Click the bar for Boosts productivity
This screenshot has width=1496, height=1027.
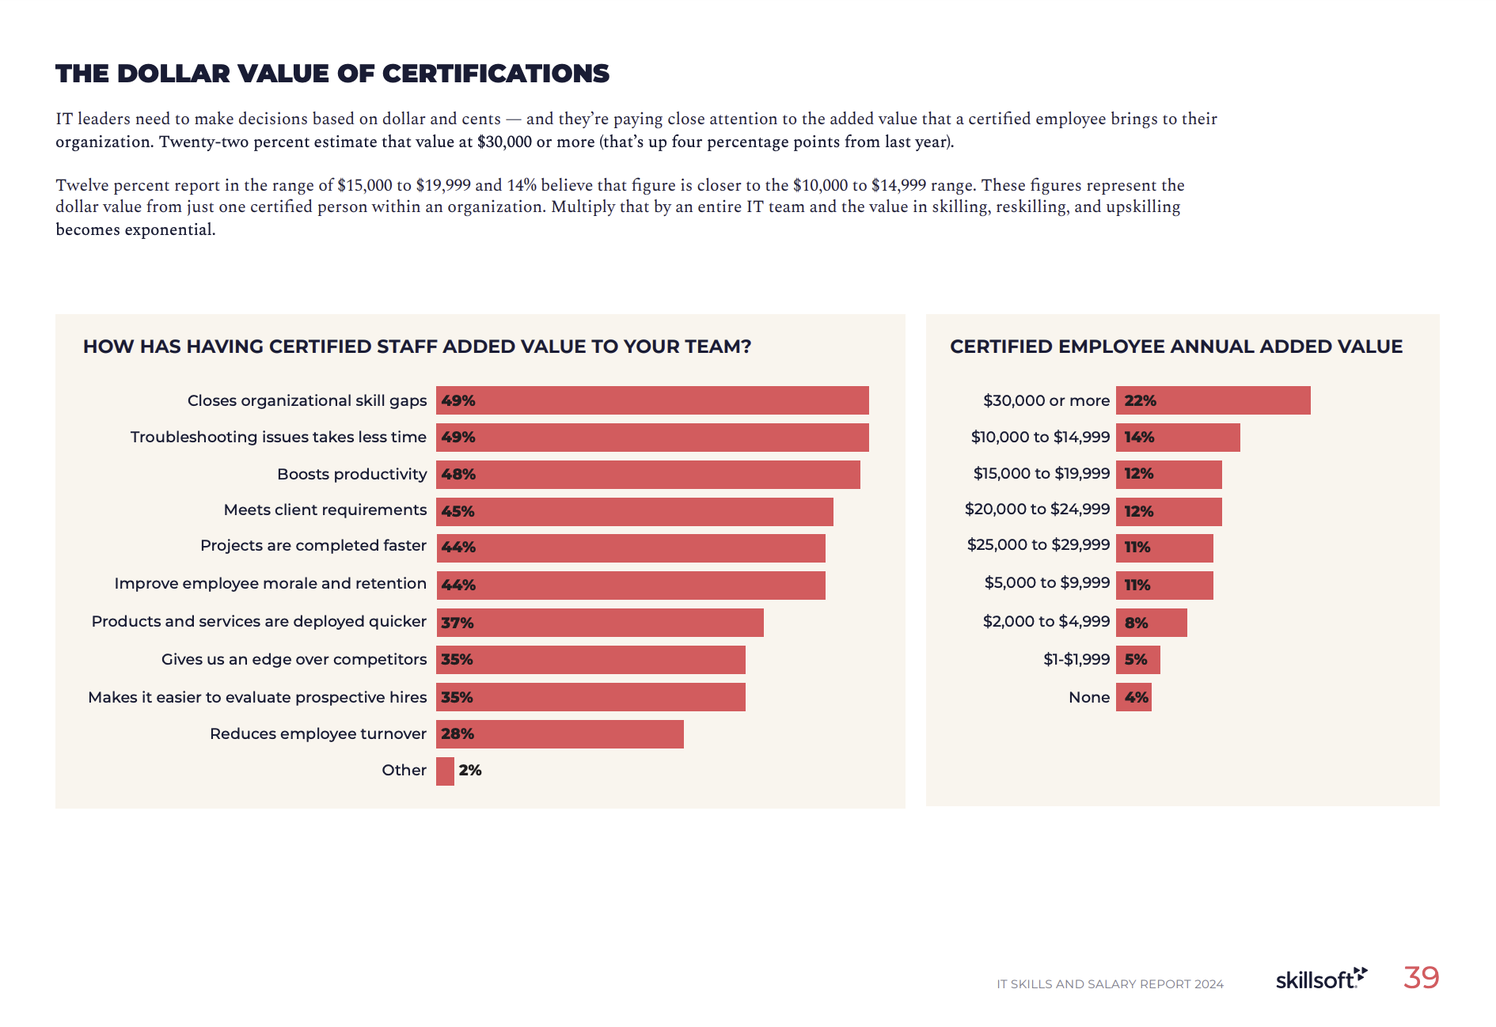pos(647,475)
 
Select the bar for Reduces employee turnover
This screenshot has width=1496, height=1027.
pos(560,734)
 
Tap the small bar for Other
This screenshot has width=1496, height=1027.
pos(445,771)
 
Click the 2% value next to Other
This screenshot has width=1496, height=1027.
pos(470,771)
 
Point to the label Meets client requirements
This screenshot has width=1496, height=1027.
pos(325,510)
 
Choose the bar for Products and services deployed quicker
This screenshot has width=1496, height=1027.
pos(599,623)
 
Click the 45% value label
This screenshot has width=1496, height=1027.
pos(458,512)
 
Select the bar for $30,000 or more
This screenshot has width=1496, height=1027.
pos(1213,400)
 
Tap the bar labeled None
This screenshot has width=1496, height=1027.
pos(1133,698)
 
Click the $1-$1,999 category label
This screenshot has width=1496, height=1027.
pos(1076,660)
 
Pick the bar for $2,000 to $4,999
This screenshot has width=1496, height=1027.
pos(1151,623)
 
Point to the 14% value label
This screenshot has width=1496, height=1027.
pos(1139,438)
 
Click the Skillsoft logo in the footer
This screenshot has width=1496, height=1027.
pos(1320,980)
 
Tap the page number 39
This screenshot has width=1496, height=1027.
pos(1421,978)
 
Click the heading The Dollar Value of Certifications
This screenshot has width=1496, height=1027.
pos(332,74)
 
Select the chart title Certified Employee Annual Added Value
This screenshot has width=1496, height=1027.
pos(1175,347)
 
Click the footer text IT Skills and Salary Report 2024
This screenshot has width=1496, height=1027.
pos(1110,984)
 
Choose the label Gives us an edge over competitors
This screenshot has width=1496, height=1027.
pos(294,660)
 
